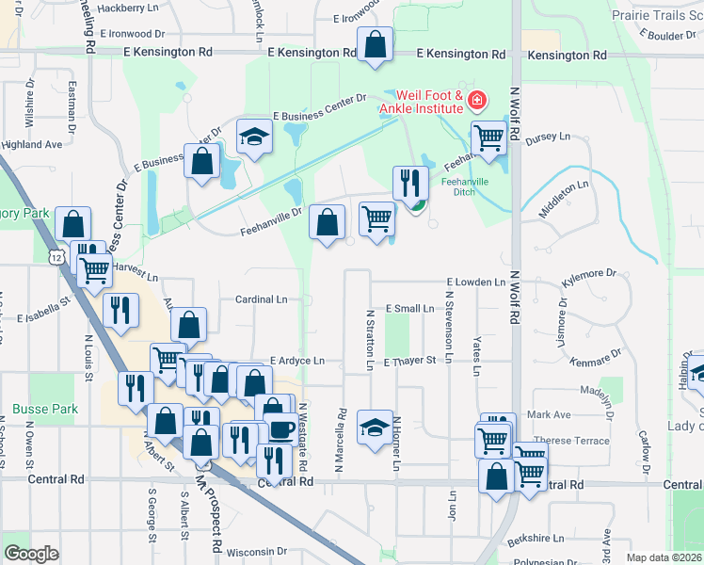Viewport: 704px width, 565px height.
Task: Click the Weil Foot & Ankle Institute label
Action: point(428,103)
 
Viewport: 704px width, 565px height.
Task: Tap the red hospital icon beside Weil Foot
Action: point(477,98)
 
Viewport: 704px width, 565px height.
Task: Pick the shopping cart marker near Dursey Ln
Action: point(488,138)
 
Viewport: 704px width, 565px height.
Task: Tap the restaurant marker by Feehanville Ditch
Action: point(409,182)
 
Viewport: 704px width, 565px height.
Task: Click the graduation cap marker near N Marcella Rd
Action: point(375,427)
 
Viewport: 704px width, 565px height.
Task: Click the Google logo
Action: point(31,554)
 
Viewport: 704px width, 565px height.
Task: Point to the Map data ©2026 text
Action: point(664,557)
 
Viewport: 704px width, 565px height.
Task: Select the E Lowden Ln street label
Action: point(476,282)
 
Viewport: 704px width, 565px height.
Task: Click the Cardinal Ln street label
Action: point(261,299)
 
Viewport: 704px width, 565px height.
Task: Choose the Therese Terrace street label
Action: point(566,440)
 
